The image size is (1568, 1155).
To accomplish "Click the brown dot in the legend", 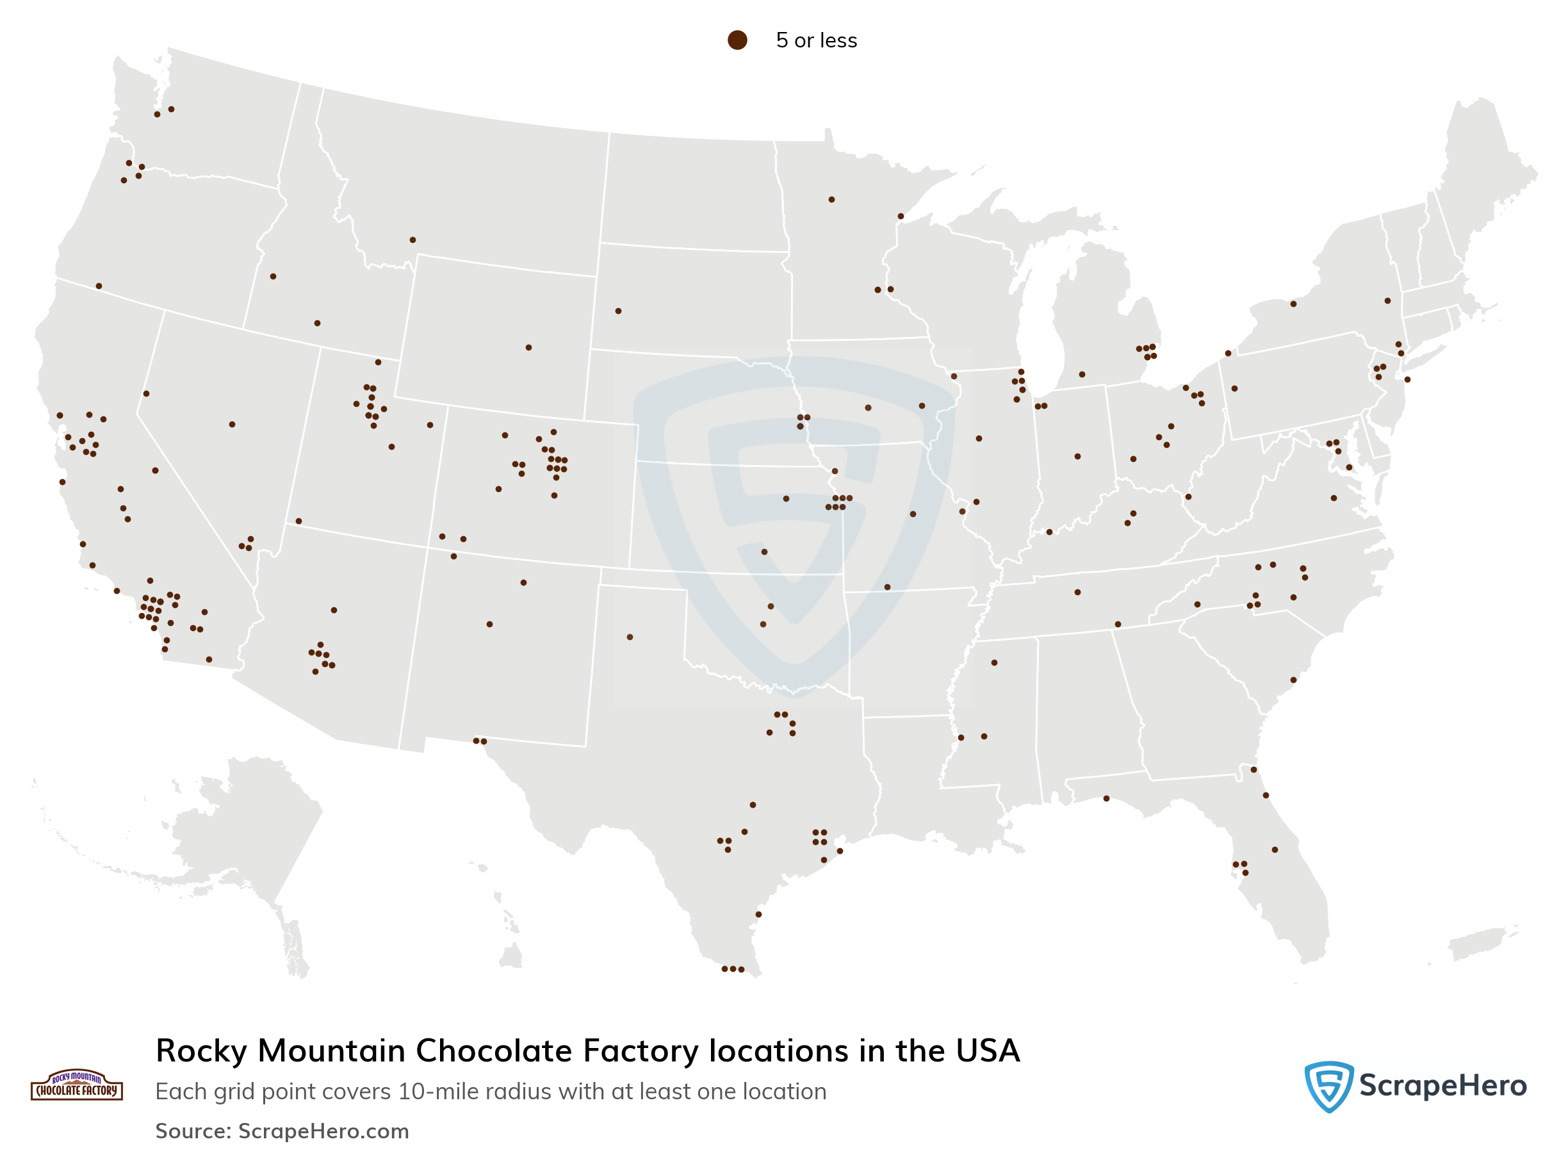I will coord(737,40).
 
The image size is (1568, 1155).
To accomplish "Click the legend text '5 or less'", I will coord(816,40).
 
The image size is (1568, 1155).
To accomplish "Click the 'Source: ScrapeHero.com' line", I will coord(282,1131).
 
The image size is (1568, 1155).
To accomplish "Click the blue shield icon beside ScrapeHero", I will coord(1328,1086).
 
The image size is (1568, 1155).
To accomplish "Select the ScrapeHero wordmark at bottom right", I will coord(1442,1086).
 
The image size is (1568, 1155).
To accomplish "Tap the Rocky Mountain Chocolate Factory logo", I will coord(77,1085).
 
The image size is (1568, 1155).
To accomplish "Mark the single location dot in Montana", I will coord(412,240).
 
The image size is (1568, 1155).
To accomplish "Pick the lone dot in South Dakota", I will coord(618,311).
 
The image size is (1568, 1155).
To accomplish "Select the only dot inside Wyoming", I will coord(528,347).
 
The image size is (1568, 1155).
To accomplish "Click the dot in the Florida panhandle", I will coord(1106,798).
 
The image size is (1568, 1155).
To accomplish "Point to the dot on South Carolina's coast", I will coord(1293,680).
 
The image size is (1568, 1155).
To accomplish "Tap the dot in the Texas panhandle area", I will coord(630,637).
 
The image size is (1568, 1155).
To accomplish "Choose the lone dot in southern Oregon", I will coord(99,286).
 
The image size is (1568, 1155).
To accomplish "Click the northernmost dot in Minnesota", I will coord(831,200).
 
